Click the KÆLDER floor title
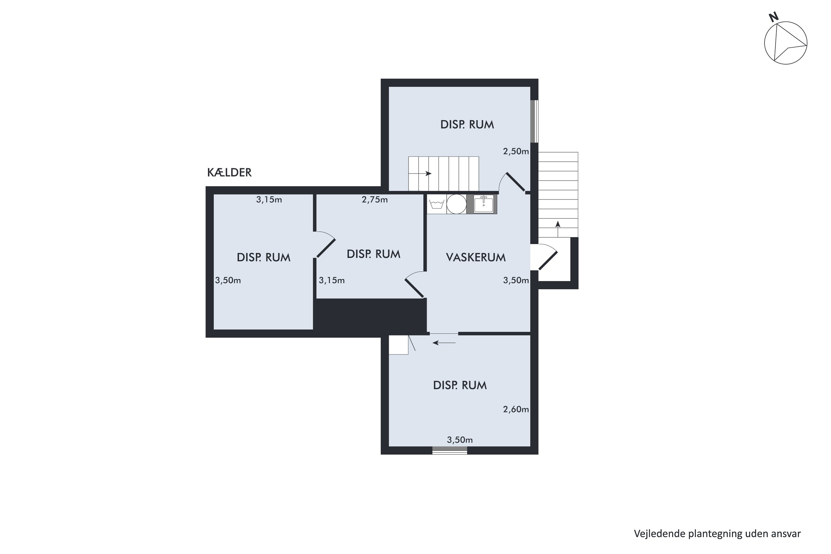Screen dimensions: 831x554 click(x=229, y=172)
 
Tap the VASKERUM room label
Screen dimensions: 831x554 click(x=476, y=257)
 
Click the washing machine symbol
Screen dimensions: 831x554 click(x=437, y=204)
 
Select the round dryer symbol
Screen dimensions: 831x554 click(x=456, y=204)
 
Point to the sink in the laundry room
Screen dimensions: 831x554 click(x=483, y=204)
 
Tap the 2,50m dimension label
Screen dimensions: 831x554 click(x=516, y=152)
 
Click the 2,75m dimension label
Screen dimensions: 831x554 click(x=375, y=200)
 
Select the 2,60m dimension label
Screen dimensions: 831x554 click(x=516, y=409)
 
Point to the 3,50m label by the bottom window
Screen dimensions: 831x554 click(x=460, y=440)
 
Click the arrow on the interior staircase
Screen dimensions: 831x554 click(x=420, y=173)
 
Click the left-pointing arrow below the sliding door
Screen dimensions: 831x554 click(x=444, y=343)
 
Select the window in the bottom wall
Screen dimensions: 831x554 click(x=450, y=450)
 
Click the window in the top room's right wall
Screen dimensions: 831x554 click(x=534, y=121)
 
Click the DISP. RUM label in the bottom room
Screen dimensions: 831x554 click(x=460, y=385)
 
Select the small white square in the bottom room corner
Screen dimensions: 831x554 click(x=399, y=345)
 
